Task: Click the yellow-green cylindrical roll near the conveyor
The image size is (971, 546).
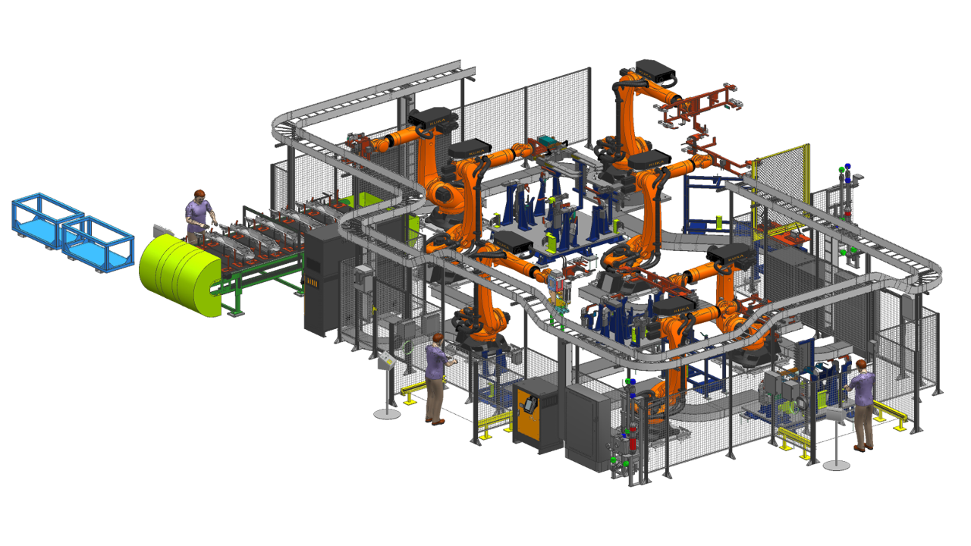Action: (178, 274)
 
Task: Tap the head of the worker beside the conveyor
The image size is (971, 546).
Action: (200, 196)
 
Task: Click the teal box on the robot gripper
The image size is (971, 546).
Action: (548, 142)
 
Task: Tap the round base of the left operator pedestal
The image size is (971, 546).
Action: (388, 414)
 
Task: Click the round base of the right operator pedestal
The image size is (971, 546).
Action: (836, 464)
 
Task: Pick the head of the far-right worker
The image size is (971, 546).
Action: (863, 366)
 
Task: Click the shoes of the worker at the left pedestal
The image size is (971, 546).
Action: (435, 420)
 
